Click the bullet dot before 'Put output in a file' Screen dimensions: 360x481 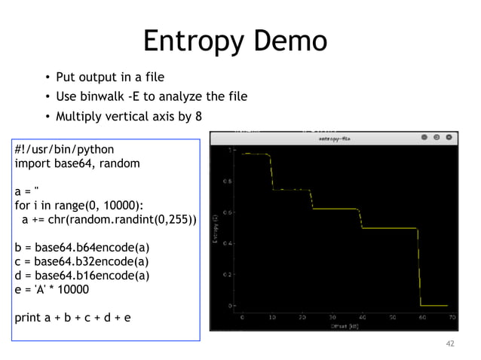47,78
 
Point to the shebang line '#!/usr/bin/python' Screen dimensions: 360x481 64,149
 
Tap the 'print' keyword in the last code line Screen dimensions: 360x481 28,317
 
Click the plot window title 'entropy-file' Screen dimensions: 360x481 334,139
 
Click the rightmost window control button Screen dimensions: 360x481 450,138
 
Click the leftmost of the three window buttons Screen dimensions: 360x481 425,138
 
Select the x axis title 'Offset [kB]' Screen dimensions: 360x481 345,326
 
